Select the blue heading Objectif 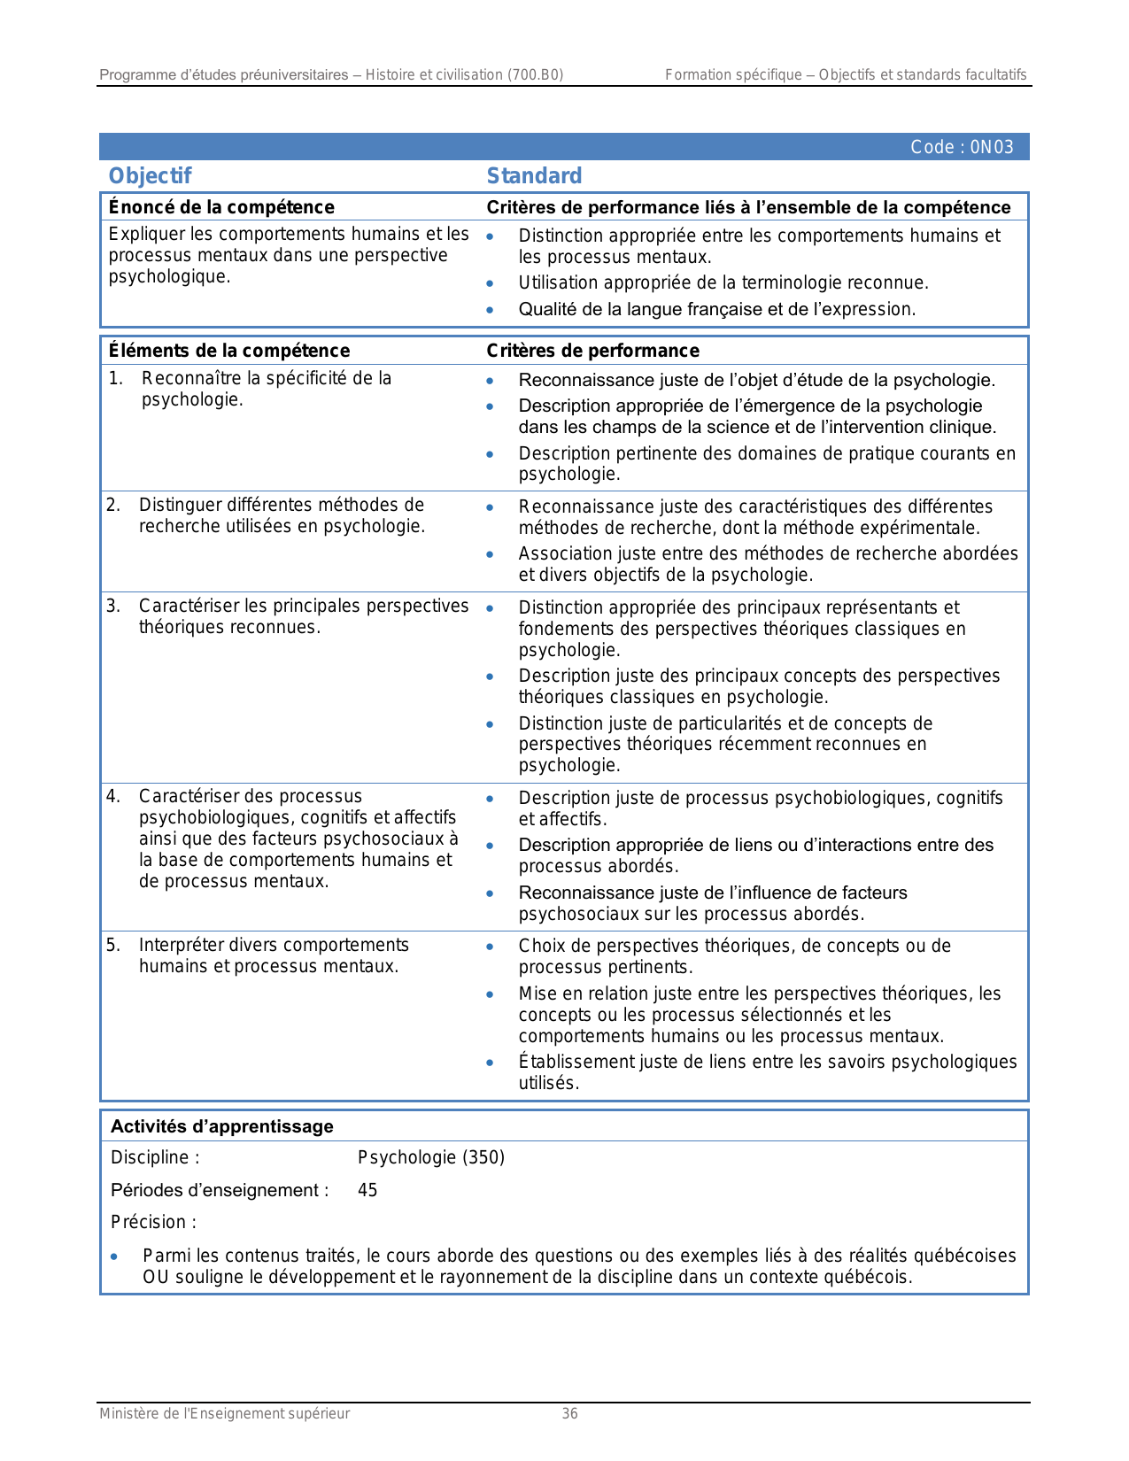pos(150,175)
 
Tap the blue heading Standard pos(534,175)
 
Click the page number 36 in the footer pos(570,1413)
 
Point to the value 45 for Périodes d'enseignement pos(367,1190)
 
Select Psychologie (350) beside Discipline pos(431,1157)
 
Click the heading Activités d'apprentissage pos(221,1126)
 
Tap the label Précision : pos(153,1222)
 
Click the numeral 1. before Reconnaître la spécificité pos(115,378)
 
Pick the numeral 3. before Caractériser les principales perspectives pos(113,606)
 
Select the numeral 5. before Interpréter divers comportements pos(113,945)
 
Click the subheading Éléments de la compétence pos(228,351)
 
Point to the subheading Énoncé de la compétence pos(221,207)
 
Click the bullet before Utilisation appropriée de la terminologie pos(490,283)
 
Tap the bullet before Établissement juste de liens pos(490,1063)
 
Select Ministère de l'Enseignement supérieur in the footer pos(224,1413)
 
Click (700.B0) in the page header pos(535,74)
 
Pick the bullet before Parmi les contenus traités pos(114,1256)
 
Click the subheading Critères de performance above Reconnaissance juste pos(592,351)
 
